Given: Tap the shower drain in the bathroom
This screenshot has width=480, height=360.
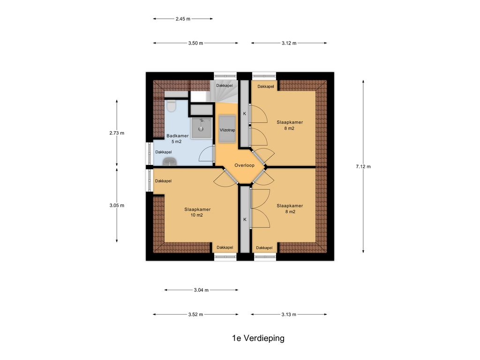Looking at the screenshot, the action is coord(202,129).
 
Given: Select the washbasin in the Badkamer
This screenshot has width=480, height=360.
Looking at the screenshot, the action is coord(169,162).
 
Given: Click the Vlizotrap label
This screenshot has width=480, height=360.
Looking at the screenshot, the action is coord(227,130).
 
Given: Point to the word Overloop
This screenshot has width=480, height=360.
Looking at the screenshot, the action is coord(244,165).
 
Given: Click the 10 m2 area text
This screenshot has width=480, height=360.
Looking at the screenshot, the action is coord(197,215).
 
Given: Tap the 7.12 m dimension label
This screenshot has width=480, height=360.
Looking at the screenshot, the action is coord(363,166).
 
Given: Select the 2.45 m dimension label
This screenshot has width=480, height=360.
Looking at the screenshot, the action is coord(183,19).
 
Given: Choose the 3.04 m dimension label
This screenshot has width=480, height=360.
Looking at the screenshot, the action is coord(201,290).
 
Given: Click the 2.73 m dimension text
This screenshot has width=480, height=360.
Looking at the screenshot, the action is coord(117,133).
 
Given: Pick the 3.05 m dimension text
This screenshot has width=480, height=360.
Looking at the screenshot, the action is coord(117,205).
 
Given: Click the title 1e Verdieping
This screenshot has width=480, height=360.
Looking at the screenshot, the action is coord(258,338).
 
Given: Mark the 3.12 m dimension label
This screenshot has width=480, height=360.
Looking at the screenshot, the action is coord(289,43).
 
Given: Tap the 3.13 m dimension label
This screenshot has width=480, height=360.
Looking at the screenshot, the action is coord(289,315).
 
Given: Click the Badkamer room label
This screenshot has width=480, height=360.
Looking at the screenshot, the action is coord(178,135).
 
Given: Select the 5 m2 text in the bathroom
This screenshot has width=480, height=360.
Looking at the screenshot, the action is coord(177,142).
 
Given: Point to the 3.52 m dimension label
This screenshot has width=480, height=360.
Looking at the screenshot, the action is coord(195,315).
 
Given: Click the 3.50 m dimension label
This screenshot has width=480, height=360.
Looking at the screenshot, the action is coord(195,43).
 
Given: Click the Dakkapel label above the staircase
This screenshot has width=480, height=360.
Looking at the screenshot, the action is coord(225,85).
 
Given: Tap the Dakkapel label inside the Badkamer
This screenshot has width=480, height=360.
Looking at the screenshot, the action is coord(164,152).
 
